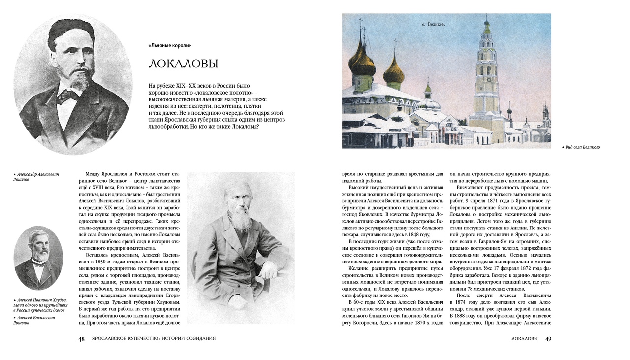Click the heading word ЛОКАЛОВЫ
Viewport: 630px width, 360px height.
coord(183,64)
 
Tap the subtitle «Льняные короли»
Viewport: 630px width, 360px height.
coord(169,46)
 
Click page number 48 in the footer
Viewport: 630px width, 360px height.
coord(82,339)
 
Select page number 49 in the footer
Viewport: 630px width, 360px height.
coord(548,339)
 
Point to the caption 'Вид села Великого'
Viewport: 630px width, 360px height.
coord(583,147)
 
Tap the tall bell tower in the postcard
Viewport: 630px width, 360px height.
coord(486,79)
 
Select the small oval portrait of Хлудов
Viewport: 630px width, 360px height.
coord(38,258)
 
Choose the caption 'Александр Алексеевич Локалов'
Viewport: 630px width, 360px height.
coord(36,177)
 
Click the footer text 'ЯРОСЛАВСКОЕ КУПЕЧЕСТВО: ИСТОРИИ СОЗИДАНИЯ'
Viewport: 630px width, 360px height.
coord(150,339)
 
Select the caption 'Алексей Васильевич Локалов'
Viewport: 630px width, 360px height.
coord(34,320)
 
